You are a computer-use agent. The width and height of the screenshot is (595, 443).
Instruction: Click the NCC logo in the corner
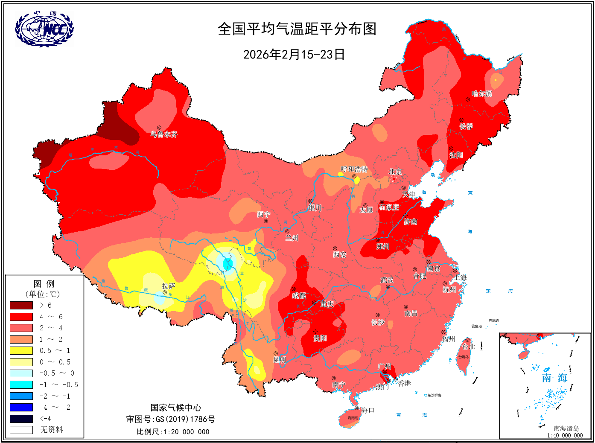tap(44, 29)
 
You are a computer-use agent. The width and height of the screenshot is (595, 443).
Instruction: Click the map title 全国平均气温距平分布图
tap(297, 29)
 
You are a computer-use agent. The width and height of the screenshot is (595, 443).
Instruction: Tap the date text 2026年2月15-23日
tap(294, 55)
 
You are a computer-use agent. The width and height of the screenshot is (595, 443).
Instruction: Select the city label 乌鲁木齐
tap(164, 134)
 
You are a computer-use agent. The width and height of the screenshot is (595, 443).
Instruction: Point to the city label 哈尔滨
tap(482, 93)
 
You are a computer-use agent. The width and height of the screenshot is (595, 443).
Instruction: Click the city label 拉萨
tap(169, 286)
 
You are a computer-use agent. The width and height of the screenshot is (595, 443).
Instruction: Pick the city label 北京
tap(396, 172)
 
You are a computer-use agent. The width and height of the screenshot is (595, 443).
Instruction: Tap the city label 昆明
tap(280, 360)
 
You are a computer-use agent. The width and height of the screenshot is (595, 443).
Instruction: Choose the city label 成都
tap(299, 295)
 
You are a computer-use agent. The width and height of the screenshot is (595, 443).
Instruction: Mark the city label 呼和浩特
tap(354, 169)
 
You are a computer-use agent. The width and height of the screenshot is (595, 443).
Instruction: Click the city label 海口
tap(367, 410)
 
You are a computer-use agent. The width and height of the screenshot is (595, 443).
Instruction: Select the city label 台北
tap(468, 347)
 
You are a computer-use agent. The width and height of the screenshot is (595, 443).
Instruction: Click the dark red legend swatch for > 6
tap(21, 305)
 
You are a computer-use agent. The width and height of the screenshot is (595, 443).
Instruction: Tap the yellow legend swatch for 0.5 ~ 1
tap(21, 350)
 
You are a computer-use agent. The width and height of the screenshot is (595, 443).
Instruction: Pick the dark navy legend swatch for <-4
tap(21, 419)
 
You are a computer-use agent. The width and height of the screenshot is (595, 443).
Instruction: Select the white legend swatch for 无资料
tap(21, 430)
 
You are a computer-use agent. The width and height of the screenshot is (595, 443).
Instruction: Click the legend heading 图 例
tap(44, 284)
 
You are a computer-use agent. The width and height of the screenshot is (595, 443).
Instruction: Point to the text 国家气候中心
tap(175, 408)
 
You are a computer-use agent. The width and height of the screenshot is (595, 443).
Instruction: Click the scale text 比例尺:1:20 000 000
tap(173, 431)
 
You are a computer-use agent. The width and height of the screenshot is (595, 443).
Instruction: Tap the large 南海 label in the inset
tap(554, 378)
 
